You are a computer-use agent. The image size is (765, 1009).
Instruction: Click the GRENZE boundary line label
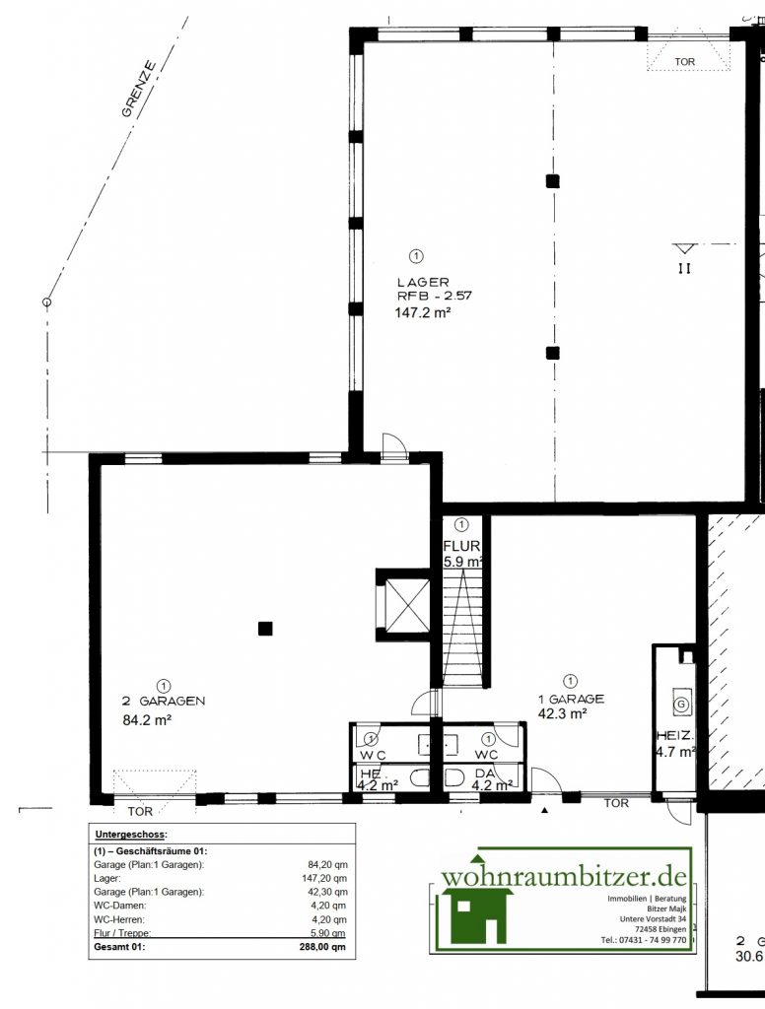coord(139,90)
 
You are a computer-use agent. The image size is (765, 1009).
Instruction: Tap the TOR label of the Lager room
coord(684,62)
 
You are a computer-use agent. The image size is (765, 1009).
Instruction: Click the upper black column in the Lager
coord(553,180)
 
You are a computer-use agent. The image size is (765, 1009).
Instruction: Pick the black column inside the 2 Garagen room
coord(264,628)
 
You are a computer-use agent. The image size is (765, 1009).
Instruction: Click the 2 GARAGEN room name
coord(163,702)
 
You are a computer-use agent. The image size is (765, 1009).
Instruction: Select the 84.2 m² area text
coord(147,720)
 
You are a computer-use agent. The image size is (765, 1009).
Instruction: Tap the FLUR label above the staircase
coord(460,546)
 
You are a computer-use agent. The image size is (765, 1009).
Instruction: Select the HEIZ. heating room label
coord(675,735)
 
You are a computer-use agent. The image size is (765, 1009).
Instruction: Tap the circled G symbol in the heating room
coord(679,705)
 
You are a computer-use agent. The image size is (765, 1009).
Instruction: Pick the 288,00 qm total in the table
coord(324,947)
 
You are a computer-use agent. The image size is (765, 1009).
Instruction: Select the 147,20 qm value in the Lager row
coord(326,878)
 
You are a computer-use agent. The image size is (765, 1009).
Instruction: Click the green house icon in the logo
coord(477,913)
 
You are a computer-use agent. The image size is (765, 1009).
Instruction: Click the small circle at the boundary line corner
coord(45,303)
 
